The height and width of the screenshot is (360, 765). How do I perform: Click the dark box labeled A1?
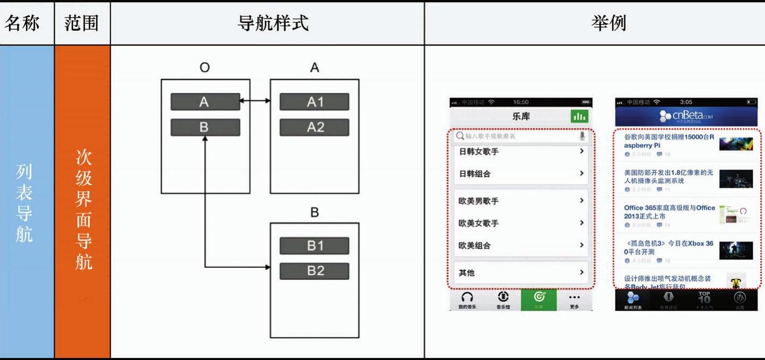[x=315, y=102]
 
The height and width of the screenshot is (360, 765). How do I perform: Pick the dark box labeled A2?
[x=315, y=127]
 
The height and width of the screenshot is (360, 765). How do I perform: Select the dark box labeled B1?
[x=315, y=246]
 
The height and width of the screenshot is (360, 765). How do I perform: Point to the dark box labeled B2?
[x=315, y=271]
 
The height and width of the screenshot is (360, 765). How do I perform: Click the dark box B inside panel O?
[x=205, y=127]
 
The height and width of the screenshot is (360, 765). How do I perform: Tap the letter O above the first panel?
[x=205, y=68]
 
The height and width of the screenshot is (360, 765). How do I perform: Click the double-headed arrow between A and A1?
[x=255, y=100]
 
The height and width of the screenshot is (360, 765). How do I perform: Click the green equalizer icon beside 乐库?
[x=579, y=117]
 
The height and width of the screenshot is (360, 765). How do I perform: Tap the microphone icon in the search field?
[x=582, y=136]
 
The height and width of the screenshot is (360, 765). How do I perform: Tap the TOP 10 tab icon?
[x=704, y=298]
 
